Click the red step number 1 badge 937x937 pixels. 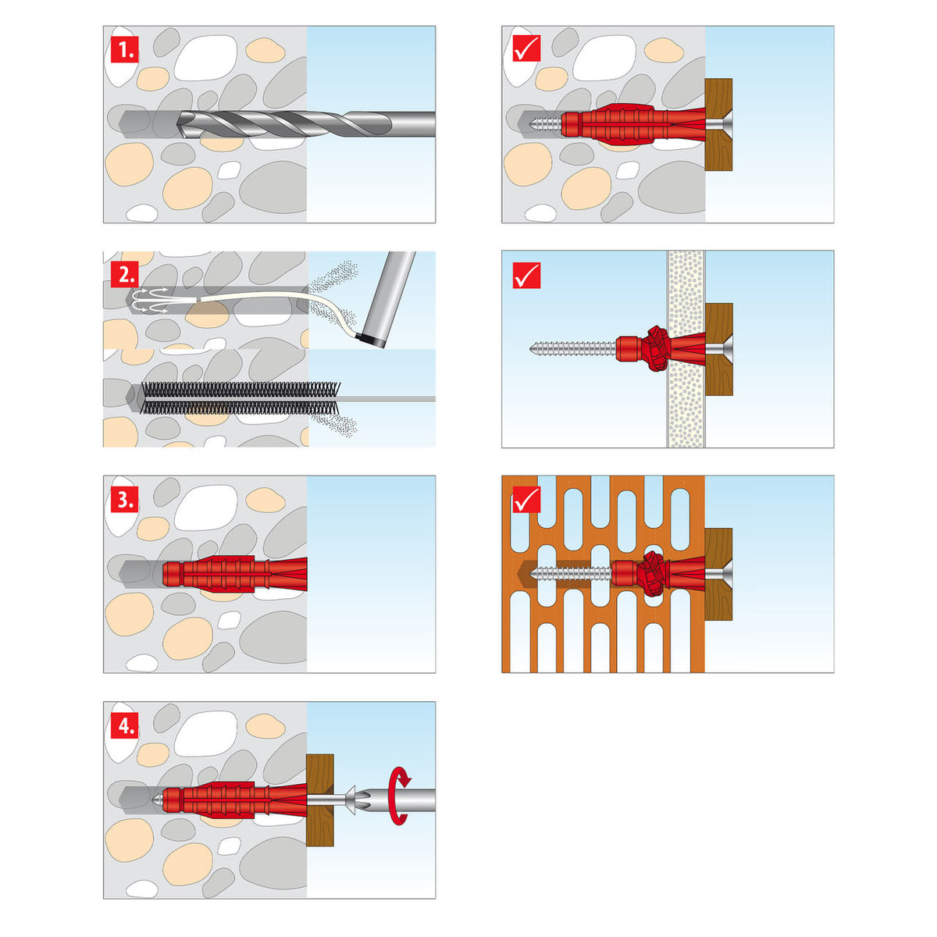click(x=125, y=51)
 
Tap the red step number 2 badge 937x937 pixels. click(x=125, y=275)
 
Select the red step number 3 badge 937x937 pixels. click(x=125, y=500)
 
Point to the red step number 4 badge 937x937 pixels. click(x=125, y=725)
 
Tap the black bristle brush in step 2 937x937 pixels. click(x=234, y=397)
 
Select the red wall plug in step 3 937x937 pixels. click(x=234, y=574)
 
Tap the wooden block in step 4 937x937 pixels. click(x=320, y=800)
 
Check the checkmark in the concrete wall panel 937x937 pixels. click(x=526, y=49)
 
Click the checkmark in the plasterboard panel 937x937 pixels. click(x=526, y=276)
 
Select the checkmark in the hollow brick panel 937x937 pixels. click(x=526, y=500)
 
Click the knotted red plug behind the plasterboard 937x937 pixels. click(x=654, y=348)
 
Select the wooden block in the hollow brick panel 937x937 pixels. click(x=718, y=574)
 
